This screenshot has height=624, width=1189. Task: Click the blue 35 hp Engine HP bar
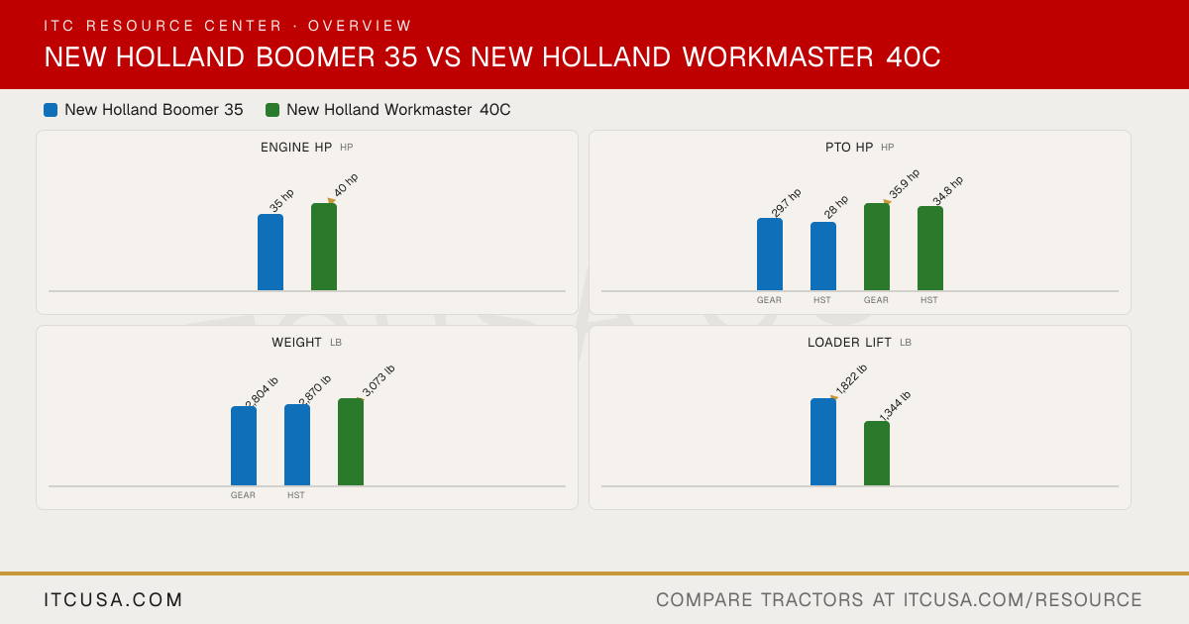pyautogui.click(x=270, y=252)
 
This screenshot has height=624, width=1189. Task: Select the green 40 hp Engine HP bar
pyautogui.click(x=324, y=247)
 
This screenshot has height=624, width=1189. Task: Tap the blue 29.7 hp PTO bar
pyautogui.click(x=770, y=255)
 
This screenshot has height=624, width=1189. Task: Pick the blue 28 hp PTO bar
pyautogui.click(x=823, y=257)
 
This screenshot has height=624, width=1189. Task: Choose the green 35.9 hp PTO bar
pyautogui.click(x=877, y=247)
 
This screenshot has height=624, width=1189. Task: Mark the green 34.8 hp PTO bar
pyautogui.click(x=930, y=249)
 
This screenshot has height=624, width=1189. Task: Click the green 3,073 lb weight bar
pyautogui.click(x=351, y=442)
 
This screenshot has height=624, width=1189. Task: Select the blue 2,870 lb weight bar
pyautogui.click(x=297, y=445)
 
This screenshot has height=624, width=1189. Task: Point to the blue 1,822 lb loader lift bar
pyautogui.click(x=823, y=442)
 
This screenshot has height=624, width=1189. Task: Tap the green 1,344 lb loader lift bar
pyautogui.click(x=877, y=454)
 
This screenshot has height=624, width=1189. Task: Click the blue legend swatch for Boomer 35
pyautogui.click(x=51, y=110)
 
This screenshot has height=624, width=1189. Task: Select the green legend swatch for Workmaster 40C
pyautogui.click(x=272, y=110)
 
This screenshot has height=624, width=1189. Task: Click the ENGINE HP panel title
pyautogui.click(x=296, y=147)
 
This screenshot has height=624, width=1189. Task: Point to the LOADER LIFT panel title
pyautogui.click(x=849, y=343)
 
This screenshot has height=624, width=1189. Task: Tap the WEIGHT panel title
pyautogui.click(x=296, y=343)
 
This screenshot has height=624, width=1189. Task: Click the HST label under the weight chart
pyautogui.click(x=296, y=495)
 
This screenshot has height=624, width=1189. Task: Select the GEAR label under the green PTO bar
pyautogui.click(x=876, y=300)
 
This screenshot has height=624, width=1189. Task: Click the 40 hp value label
pyautogui.click(x=346, y=184)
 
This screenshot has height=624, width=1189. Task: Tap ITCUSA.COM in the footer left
pyautogui.click(x=113, y=599)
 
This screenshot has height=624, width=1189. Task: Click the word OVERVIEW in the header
pyautogui.click(x=360, y=26)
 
